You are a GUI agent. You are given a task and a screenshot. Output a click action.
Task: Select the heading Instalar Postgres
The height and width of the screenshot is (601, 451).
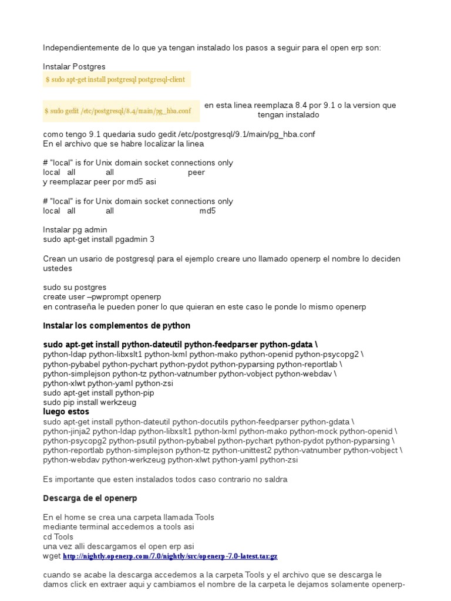75,67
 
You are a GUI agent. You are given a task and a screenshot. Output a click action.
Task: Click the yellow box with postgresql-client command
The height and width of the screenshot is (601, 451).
117,79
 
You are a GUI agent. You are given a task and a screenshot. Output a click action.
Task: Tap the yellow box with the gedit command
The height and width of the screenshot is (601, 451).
121,110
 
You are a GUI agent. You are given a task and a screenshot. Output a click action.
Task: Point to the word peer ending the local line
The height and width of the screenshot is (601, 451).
196,173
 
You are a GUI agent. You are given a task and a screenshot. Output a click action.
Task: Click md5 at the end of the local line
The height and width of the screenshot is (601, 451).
207,211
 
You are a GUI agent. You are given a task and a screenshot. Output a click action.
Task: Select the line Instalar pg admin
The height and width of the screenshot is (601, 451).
75,229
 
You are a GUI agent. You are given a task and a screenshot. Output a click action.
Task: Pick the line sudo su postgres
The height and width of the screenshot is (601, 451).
75,288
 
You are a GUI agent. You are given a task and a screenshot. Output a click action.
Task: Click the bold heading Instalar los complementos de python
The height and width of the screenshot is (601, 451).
117,326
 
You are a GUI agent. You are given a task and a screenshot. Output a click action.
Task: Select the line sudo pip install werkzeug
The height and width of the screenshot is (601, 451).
90,402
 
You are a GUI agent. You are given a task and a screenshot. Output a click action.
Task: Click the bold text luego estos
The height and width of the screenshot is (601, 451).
66,412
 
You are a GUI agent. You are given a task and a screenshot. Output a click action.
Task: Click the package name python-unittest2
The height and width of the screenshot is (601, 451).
241,450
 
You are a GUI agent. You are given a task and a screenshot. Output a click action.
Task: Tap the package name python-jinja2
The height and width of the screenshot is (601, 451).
69,431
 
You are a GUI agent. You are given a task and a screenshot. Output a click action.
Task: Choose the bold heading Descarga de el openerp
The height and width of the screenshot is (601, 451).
90,498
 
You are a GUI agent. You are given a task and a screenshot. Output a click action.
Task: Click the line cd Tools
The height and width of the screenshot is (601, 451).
58,536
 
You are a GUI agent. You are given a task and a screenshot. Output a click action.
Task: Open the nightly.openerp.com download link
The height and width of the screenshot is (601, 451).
170,556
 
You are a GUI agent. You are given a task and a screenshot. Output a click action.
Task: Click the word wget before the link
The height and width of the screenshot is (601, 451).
52,556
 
